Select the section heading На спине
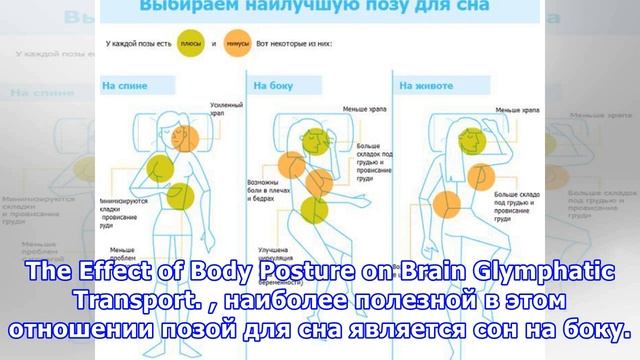point(123,87)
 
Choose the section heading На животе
point(421,87)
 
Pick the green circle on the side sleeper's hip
point(313,209)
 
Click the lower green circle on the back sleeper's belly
point(179,197)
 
